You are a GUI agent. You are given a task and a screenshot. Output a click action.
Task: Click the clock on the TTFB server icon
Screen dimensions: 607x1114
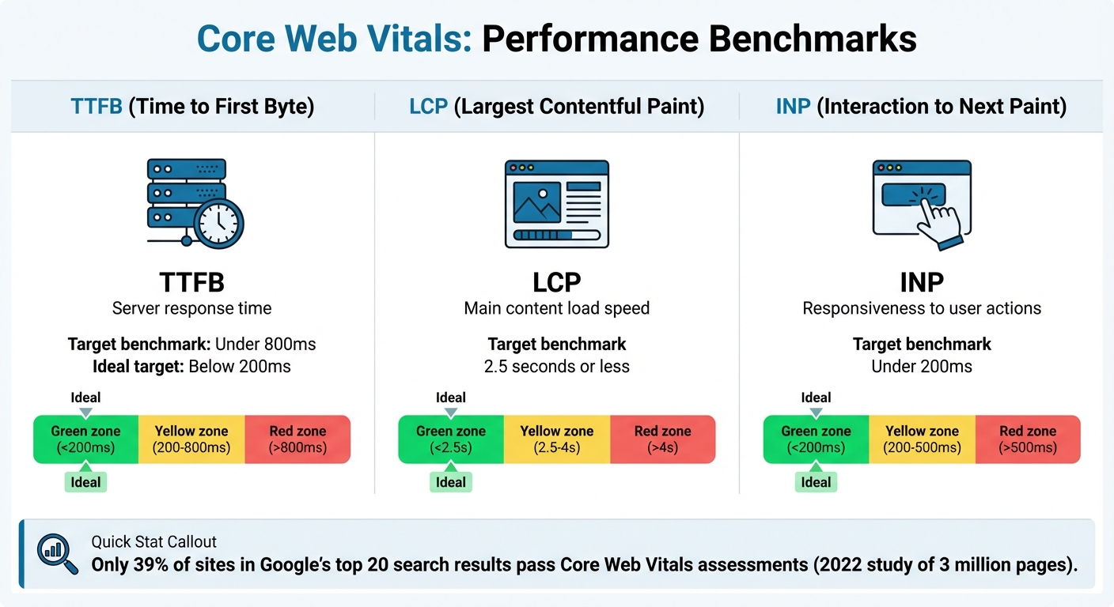click(x=218, y=224)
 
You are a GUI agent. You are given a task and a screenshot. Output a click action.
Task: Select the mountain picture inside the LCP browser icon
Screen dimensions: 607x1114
click(x=536, y=202)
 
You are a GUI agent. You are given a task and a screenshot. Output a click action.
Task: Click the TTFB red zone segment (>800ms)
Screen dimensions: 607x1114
click(x=297, y=439)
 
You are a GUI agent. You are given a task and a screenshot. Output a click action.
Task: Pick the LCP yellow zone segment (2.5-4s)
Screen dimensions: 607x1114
click(x=557, y=439)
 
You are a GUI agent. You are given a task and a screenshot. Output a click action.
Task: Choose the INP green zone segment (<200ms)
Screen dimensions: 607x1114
click(x=816, y=439)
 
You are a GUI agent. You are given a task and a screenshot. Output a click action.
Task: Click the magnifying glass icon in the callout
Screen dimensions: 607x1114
click(x=58, y=554)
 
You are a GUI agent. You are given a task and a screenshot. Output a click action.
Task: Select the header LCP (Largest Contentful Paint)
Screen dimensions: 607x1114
click(x=557, y=106)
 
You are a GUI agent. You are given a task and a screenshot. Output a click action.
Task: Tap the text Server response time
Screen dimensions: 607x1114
click(x=191, y=308)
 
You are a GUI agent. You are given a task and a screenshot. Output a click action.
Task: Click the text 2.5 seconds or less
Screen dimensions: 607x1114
click(x=557, y=367)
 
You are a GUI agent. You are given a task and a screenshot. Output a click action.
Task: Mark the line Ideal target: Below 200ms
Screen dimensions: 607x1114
click(x=191, y=367)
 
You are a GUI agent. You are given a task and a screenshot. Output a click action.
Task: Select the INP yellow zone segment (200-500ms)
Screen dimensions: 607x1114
click(x=922, y=439)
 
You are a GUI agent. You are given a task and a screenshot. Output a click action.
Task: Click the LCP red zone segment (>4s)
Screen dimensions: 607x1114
click(x=662, y=439)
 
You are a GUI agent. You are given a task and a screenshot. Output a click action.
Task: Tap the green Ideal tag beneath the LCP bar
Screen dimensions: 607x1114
click(x=451, y=482)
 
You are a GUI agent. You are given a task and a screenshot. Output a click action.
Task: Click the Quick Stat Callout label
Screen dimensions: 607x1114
click(x=153, y=542)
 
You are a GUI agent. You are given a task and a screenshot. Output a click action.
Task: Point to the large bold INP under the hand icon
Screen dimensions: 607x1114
click(x=922, y=283)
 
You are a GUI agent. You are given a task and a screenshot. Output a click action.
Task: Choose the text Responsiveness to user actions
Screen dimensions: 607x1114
click(x=922, y=308)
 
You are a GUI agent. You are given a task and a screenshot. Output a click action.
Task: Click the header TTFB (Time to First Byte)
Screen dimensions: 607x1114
click(x=192, y=106)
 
